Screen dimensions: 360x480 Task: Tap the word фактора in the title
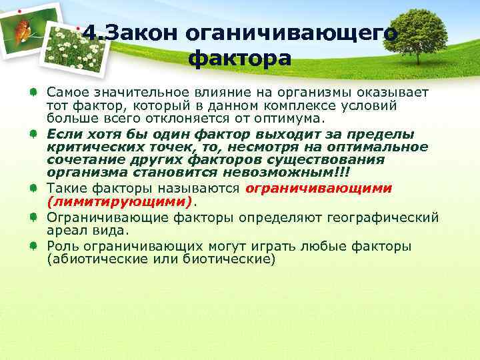239,59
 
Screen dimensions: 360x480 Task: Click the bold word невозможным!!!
295,172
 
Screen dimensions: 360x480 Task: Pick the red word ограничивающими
319,188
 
